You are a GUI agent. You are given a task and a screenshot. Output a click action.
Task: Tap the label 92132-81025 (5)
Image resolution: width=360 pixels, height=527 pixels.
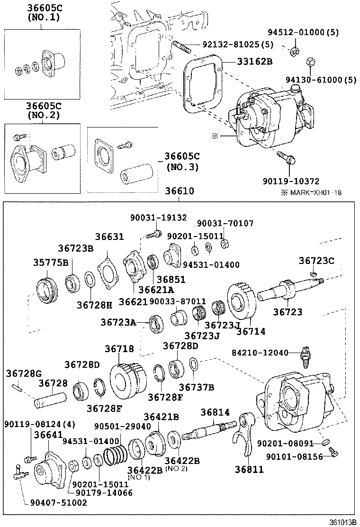(234, 45)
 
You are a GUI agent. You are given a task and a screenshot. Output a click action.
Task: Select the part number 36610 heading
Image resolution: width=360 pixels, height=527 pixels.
(180, 191)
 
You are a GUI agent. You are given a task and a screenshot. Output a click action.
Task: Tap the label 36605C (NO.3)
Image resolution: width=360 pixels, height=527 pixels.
(182, 161)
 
